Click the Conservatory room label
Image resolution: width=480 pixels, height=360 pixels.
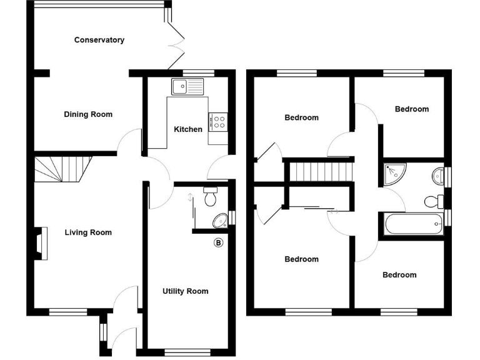[99, 40]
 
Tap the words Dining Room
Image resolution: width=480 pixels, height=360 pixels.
[88, 114]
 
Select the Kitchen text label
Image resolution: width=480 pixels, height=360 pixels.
[187, 129]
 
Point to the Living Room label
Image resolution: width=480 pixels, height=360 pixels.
[88, 232]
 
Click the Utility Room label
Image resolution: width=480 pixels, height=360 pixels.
[185, 291]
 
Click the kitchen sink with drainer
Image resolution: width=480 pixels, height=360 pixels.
[188, 86]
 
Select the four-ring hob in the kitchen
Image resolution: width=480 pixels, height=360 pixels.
[219, 121]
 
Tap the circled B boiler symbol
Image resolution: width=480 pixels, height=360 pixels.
[218, 242]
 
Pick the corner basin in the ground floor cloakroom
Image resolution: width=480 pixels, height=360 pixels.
[220, 220]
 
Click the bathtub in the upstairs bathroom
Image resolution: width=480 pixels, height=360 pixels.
[413, 224]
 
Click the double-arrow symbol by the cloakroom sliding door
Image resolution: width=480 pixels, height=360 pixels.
[190, 198]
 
